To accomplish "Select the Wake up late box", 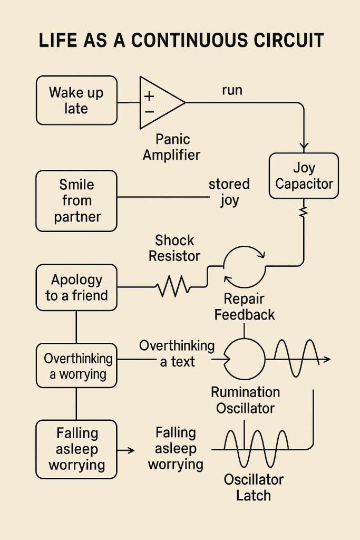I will [76, 100].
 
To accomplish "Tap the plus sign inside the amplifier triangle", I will [149, 96].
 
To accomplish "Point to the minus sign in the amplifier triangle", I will [149, 111].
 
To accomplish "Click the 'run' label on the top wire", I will [232, 90].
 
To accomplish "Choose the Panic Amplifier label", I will [172, 147].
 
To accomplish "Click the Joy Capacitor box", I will [304, 176].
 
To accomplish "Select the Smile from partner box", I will [76, 201].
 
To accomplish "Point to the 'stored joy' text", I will [229, 192].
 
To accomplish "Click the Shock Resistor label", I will [174, 248].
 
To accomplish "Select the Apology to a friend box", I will [76, 287].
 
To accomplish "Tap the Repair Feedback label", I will [244, 307].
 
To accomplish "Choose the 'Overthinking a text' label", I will [177, 353].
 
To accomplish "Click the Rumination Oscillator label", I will [245, 400].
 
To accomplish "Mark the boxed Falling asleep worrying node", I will [76, 449].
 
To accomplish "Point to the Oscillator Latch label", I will [254, 487].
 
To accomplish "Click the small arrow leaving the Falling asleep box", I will [126, 450].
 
